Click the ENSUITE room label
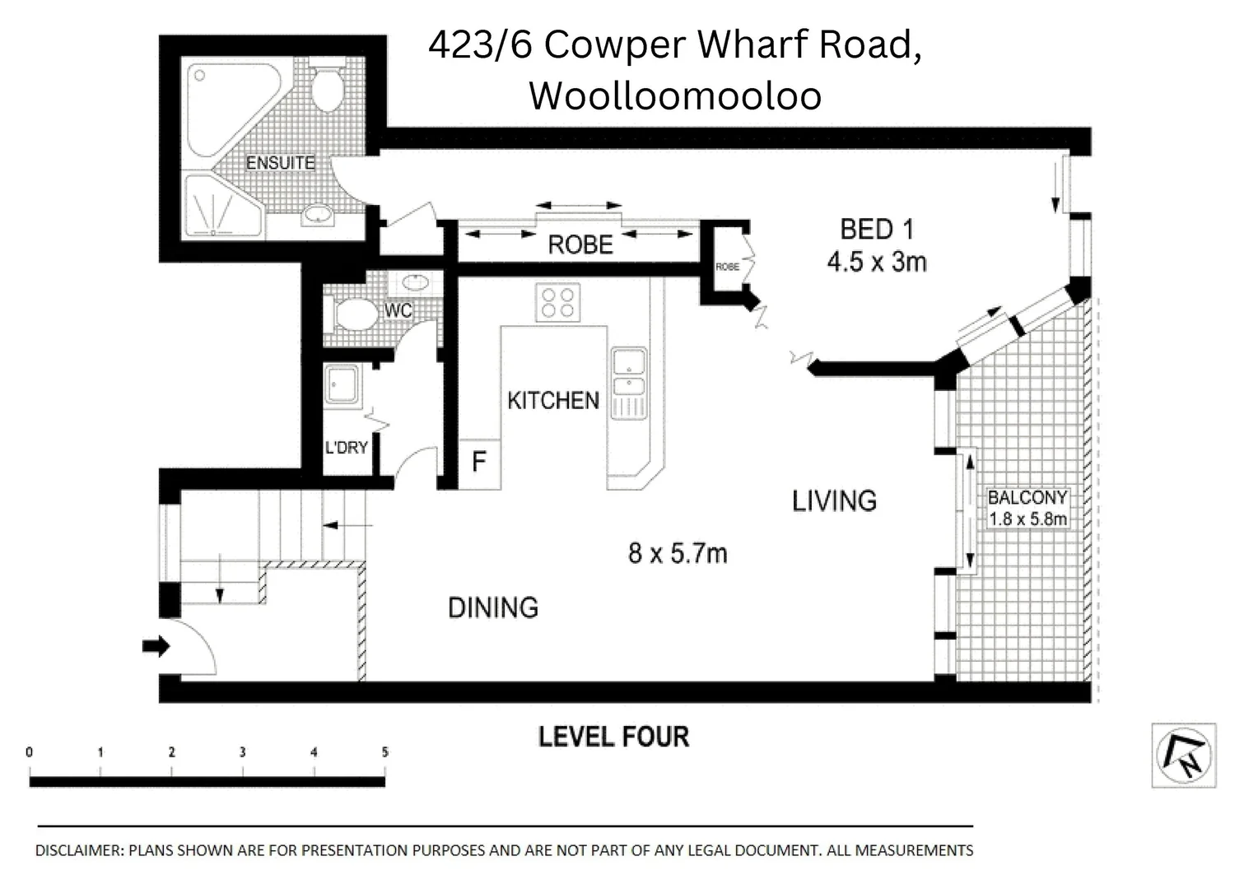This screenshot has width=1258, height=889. [280, 163]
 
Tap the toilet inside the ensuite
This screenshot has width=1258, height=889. [327, 90]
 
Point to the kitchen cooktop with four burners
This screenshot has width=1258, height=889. [557, 302]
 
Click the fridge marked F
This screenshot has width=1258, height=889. [478, 463]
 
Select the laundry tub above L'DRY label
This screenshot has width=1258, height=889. [340, 385]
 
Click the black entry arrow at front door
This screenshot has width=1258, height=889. [155, 646]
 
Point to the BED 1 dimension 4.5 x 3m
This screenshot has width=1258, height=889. [876, 263]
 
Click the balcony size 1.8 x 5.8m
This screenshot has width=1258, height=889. [1027, 519]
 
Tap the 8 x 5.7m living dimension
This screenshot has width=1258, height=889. [677, 553]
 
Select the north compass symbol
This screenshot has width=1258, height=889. [1183, 756]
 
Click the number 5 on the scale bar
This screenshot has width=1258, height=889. [384, 752]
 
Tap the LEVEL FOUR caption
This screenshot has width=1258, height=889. [613, 737]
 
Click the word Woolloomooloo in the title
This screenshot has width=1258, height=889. [674, 95]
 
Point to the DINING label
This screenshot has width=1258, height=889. [492, 607]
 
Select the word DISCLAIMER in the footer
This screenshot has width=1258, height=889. [78, 850]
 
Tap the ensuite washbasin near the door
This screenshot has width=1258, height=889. [317, 216]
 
